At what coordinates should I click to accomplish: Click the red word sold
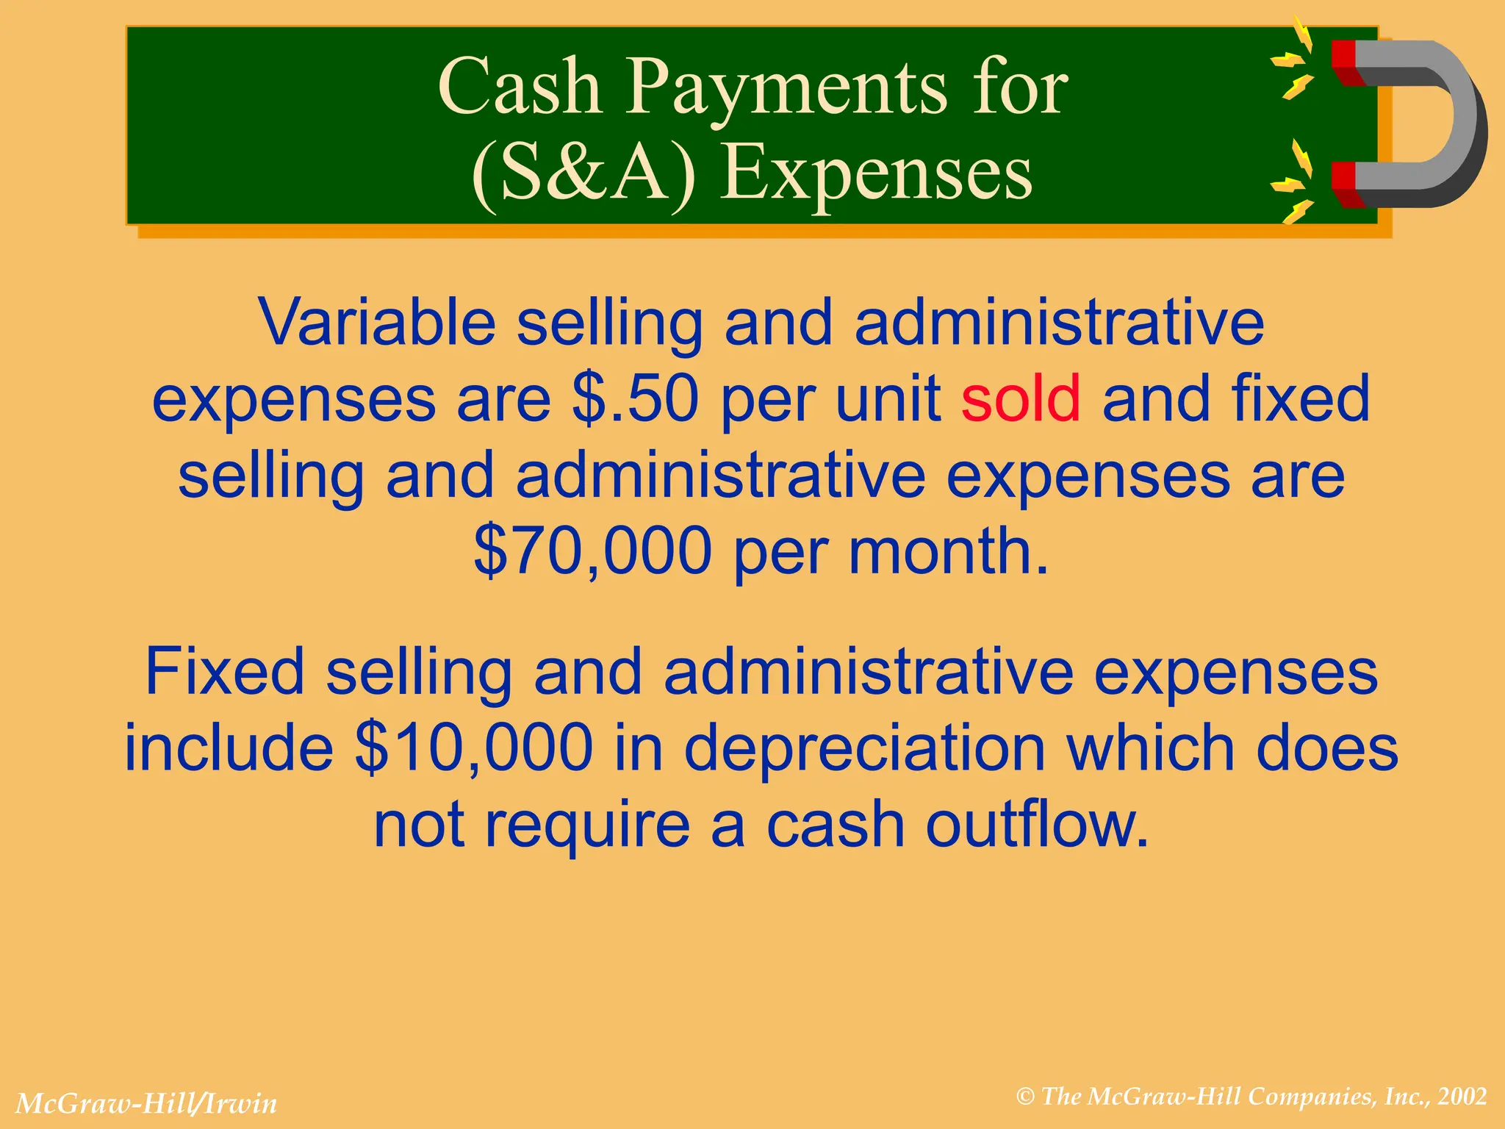1020,398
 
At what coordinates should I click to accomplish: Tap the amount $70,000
592,551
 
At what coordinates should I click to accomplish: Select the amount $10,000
473,748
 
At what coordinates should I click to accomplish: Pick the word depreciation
864,748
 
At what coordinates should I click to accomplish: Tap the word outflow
1036,825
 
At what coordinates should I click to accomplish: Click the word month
948,551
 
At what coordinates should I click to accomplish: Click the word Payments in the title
786,88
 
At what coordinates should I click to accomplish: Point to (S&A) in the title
583,173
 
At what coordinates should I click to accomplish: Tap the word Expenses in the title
876,173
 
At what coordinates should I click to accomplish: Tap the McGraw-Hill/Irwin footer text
146,1103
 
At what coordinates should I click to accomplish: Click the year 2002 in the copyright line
1462,1096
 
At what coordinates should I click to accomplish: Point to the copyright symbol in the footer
1025,1097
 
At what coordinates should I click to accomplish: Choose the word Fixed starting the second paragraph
224,672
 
